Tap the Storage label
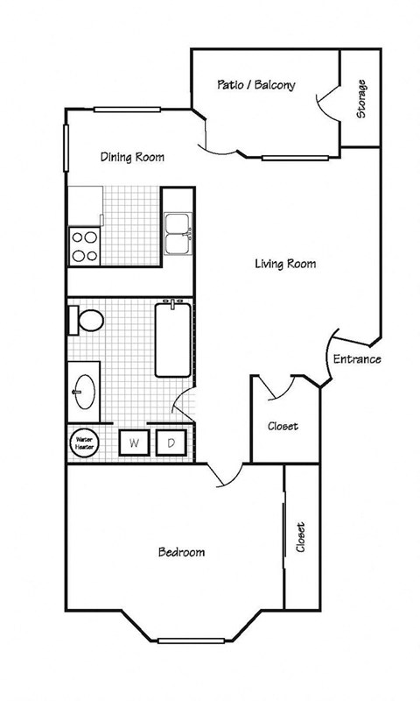(360, 98)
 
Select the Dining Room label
(132, 158)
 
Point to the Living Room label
(285, 263)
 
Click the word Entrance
(356, 359)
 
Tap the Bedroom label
(181, 552)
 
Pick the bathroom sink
(86, 389)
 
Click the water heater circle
(84, 443)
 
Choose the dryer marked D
(171, 443)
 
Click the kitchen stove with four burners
(85, 246)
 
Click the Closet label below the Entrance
(282, 427)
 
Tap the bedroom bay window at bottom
(187, 638)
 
